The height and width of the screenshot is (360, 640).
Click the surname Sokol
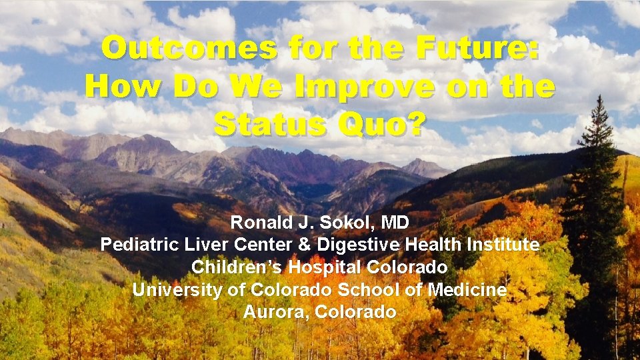[x=329, y=223]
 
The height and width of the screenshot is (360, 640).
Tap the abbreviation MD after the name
[x=391, y=223]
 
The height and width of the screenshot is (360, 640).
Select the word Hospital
[x=306, y=267]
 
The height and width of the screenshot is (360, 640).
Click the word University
[x=170, y=289]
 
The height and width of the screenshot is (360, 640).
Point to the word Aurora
[x=275, y=311]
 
